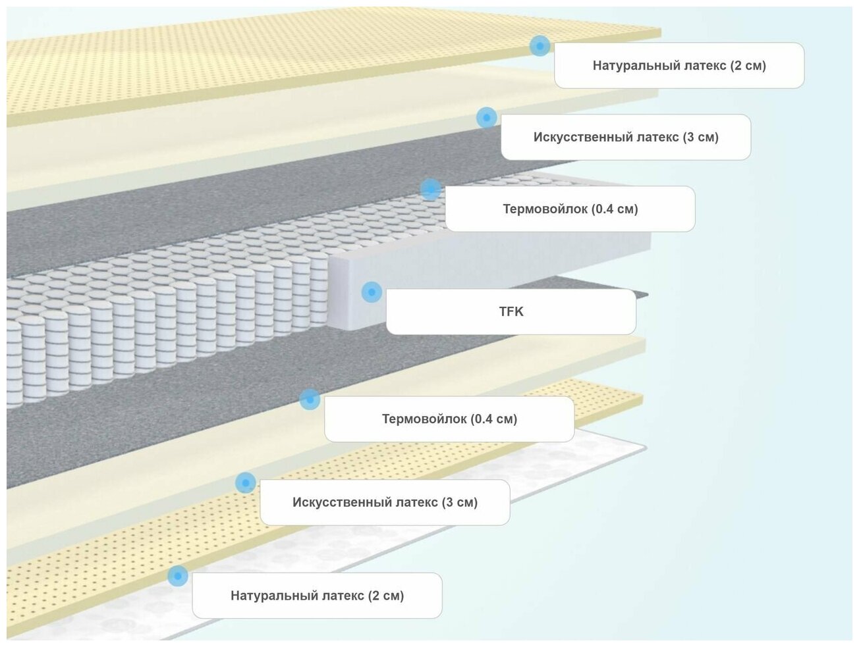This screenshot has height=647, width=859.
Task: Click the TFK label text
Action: pos(511,311)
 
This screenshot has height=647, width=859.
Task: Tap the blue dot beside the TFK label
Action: pos(372,292)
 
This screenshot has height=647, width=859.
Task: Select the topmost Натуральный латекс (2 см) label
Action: pos(679,65)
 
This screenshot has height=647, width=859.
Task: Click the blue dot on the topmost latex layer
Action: pos(540,45)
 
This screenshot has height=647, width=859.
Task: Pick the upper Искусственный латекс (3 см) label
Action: pos(626,137)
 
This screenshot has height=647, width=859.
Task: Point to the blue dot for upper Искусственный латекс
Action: pos(486,118)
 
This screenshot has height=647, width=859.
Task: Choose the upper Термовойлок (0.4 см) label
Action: pos(570,209)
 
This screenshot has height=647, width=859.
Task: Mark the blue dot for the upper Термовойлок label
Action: pos(430,190)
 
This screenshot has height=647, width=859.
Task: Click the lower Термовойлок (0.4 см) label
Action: pos(449,419)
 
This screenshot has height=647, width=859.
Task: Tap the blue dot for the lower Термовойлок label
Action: pos(310,399)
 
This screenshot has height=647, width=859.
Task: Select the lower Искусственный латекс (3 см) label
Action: pos(385,502)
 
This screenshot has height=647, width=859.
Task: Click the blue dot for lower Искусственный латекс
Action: pos(245,482)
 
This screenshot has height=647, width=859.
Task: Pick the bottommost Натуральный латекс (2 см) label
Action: pos(317,596)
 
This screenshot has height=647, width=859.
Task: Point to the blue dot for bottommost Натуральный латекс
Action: pos(177,576)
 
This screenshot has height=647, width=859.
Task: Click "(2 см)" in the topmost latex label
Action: pos(748,65)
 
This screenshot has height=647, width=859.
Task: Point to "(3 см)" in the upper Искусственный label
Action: pos(700,137)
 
